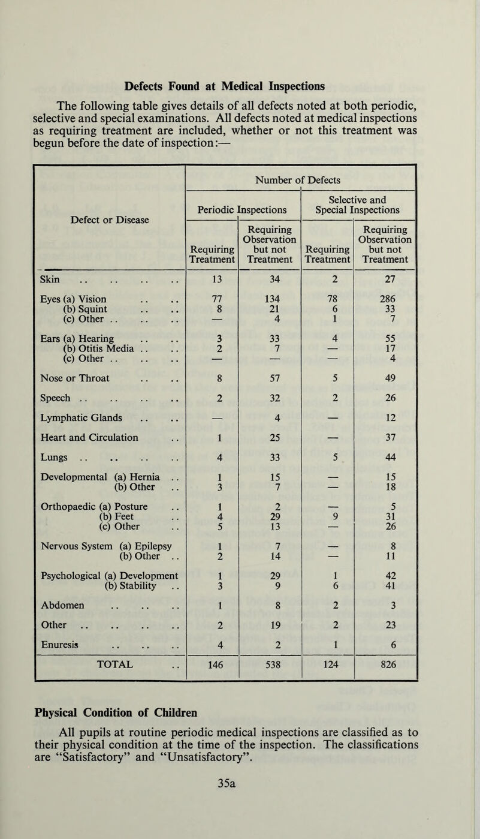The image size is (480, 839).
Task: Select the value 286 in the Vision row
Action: point(385,300)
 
